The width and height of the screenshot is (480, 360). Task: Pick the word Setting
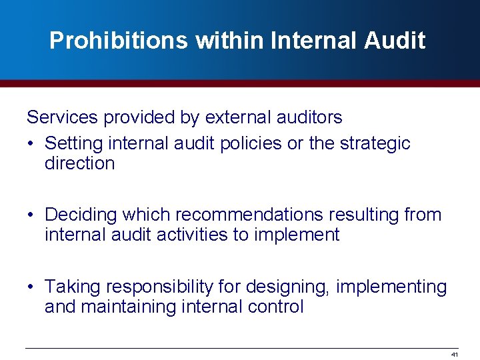[73, 143]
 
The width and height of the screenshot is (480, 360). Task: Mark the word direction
[79, 163]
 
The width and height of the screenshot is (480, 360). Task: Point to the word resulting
[361, 215]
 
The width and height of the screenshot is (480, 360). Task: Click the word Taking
[73, 287]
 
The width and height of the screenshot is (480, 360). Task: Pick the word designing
[288, 287]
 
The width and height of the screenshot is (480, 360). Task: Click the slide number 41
[455, 354]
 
